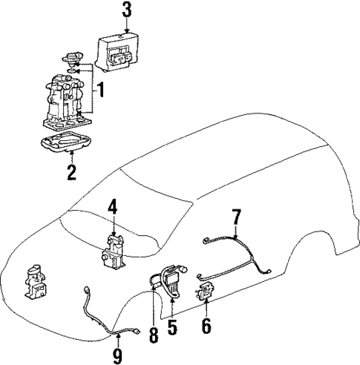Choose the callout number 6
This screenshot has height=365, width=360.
(x=206, y=325)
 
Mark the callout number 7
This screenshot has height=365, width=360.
(x=236, y=217)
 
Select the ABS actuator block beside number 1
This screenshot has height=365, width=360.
(x=67, y=100)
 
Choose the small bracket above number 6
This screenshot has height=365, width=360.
(x=203, y=292)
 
